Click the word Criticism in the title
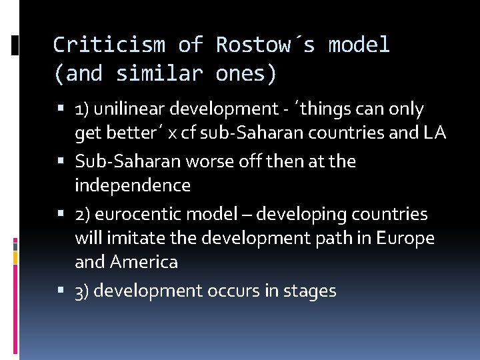108,45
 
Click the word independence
133,185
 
